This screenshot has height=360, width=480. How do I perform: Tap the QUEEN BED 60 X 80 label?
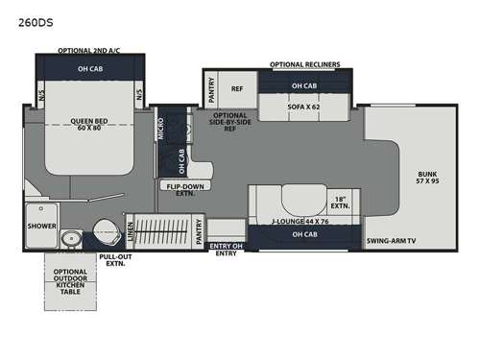coord(88,125)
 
